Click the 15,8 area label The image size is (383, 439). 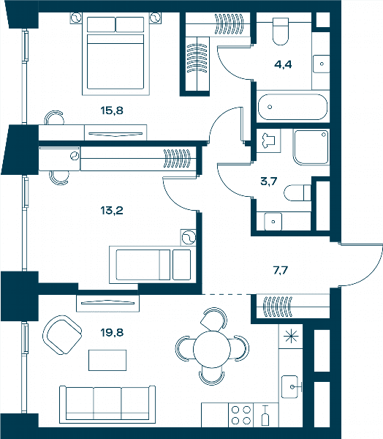(x=112, y=110)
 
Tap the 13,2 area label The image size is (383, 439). (x=112, y=210)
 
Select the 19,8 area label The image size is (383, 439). (x=112, y=333)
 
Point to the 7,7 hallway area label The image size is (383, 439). (x=281, y=271)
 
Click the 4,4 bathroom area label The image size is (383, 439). (x=283, y=64)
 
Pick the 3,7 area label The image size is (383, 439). (x=268, y=181)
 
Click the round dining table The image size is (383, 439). (x=212, y=349)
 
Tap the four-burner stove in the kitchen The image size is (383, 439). (x=241, y=415)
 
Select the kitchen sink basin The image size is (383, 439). (x=289, y=386)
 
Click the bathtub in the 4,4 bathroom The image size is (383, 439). (x=292, y=107)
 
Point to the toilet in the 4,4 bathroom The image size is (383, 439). (x=281, y=31)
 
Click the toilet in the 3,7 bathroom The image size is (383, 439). (x=297, y=192)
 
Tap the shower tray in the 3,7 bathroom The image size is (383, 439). (x=311, y=147)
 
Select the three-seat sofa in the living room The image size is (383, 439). (x=107, y=405)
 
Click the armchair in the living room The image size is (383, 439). (x=62, y=335)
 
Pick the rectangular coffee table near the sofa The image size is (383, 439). (x=107, y=360)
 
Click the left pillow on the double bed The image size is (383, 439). (x=101, y=25)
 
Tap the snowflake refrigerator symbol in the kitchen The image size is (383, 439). (x=291, y=337)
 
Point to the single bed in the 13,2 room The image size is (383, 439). (x=153, y=265)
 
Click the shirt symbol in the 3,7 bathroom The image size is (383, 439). (x=268, y=140)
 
